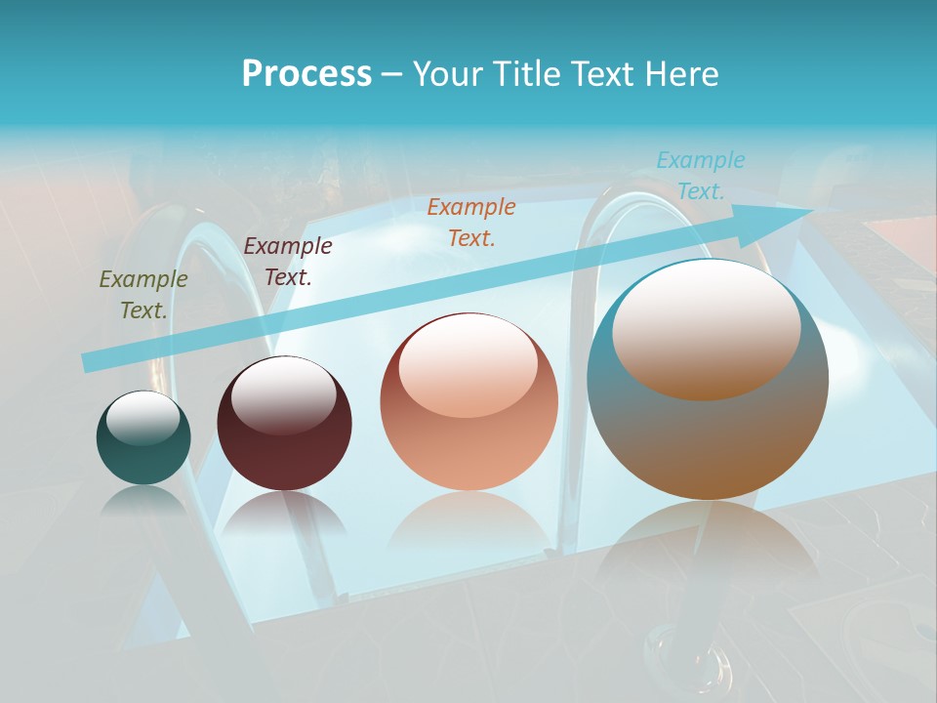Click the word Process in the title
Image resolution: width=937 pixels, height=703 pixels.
click(x=306, y=74)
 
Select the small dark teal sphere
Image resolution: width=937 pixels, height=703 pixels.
click(x=143, y=438)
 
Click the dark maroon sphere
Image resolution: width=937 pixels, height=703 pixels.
click(x=284, y=423)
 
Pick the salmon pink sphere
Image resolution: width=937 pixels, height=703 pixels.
click(x=468, y=402)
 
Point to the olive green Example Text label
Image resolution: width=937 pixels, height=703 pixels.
click(x=143, y=295)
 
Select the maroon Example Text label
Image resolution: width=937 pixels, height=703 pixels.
click(x=288, y=262)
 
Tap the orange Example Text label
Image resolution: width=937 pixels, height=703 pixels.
click(x=471, y=222)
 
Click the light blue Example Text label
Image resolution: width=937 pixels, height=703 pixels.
click(x=701, y=176)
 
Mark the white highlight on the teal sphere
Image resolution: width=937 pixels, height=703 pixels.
click(x=143, y=418)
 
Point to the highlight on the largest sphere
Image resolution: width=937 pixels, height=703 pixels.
click(x=706, y=330)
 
